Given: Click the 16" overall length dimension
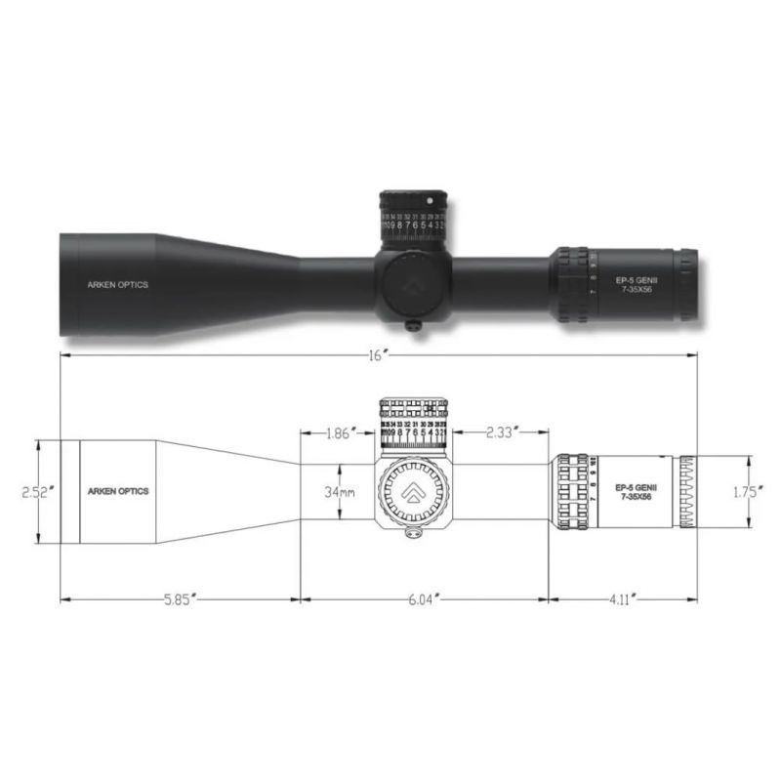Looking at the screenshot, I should [x=380, y=355].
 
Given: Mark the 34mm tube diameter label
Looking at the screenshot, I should [x=341, y=492].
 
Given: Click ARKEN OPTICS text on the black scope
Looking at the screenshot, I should [x=113, y=285].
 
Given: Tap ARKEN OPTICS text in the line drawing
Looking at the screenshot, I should [x=118, y=492].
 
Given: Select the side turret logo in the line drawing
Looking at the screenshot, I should [x=411, y=492].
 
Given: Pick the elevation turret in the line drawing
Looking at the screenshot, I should [x=414, y=422].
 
